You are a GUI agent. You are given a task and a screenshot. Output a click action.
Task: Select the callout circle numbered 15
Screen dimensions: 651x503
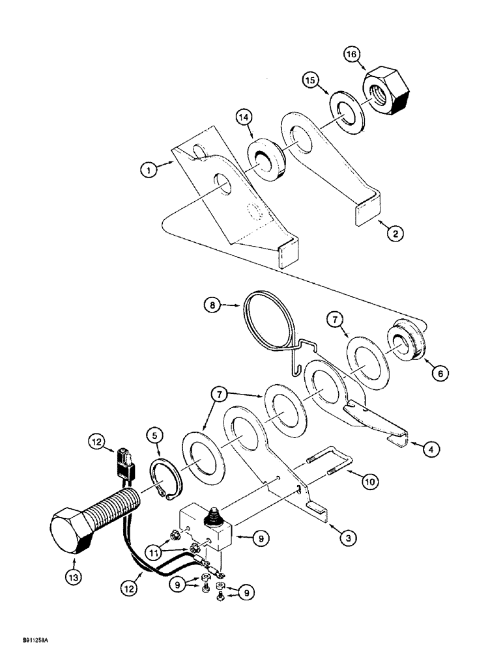pos(312,82)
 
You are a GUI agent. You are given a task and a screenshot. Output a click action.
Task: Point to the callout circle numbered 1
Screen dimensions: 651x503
pos(149,173)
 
